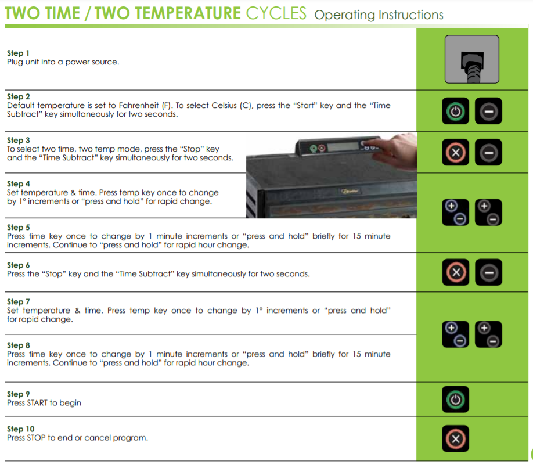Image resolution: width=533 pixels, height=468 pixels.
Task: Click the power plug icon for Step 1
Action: pos(472,59)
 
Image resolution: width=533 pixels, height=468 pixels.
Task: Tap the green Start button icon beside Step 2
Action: pos(456,111)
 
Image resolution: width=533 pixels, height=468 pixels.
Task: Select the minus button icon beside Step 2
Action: pos(488,111)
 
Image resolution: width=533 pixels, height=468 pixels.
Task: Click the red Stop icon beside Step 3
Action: pos(456,152)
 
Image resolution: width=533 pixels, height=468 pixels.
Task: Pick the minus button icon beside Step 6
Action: pos(489,272)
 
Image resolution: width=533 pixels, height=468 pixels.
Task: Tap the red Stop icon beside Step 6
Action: pos(456,272)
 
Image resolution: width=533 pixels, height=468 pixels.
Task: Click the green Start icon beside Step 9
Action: pos(456,399)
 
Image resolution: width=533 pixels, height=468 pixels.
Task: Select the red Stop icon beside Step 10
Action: pos(456,438)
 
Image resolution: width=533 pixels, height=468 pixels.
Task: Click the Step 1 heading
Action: pos(18,53)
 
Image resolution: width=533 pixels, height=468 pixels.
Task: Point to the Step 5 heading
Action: pos(19,228)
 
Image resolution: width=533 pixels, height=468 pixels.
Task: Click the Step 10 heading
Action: pos(21,429)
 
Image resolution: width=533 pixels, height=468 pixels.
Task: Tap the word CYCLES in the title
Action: pos(276,13)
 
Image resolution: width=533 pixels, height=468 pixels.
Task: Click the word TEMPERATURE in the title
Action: pos(168,13)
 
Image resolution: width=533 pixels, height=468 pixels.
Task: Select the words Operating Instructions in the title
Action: pos(379,15)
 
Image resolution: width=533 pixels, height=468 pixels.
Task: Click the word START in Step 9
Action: pos(37,403)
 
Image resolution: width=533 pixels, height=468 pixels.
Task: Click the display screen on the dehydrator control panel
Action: pos(343,146)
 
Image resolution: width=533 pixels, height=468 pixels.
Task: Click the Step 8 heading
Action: pos(19,345)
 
